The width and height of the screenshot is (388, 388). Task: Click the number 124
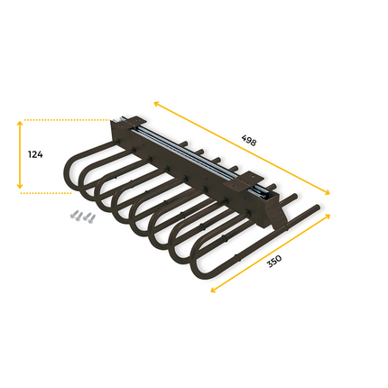(35, 155)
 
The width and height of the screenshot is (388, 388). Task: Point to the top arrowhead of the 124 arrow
(21, 122)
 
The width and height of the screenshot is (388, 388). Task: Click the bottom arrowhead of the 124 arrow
(21, 189)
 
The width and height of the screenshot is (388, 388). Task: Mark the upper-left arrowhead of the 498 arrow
(155, 102)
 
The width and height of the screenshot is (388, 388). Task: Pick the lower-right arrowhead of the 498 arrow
(328, 193)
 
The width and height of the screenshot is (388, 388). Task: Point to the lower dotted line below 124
(45, 192)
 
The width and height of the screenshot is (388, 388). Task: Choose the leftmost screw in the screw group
(69, 217)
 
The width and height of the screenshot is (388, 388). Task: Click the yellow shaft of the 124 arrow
(21, 155)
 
